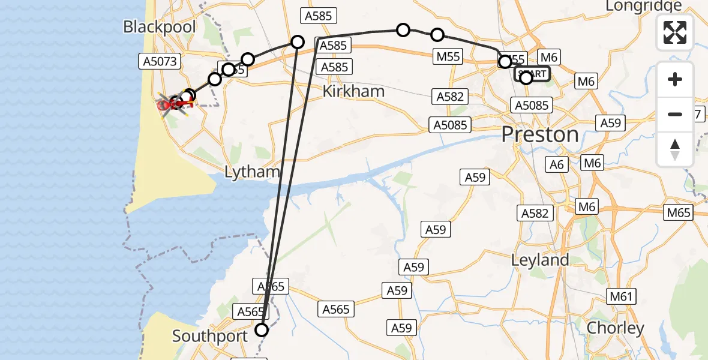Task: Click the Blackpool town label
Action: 151,26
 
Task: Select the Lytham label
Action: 252,172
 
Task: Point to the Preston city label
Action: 540,134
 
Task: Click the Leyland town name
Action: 539,260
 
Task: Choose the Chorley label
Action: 615,328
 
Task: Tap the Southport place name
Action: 210,336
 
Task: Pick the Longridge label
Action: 644,6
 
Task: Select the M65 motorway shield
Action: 678,212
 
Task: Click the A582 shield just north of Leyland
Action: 535,213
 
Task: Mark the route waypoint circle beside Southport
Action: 262,329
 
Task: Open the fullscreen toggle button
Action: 675,32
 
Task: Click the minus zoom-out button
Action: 675,114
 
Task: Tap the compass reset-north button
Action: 675,149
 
